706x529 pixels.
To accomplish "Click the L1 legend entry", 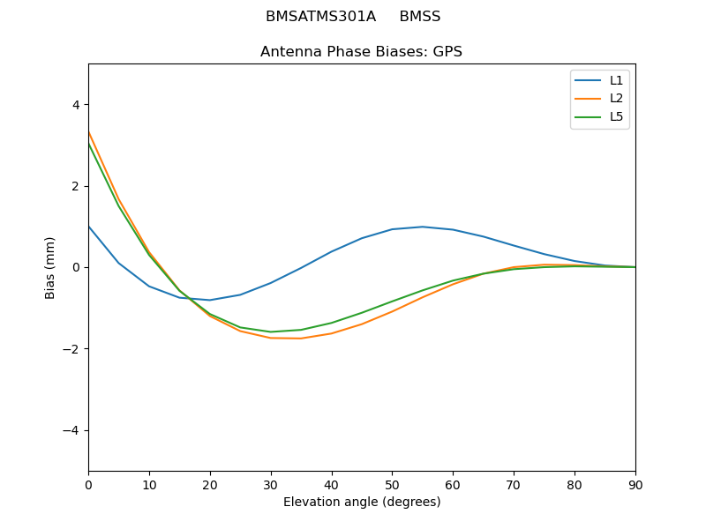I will tap(616, 80).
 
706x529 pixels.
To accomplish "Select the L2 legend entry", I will tap(616, 99).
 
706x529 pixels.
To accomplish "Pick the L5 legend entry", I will tap(616, 116).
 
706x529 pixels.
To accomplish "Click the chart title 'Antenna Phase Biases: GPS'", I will tap(361, 52).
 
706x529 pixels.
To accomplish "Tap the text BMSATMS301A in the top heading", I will tap(320, 17).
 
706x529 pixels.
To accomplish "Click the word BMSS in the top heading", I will tap(419, 17).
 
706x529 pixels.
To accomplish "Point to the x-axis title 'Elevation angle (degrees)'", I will tap(361, 502).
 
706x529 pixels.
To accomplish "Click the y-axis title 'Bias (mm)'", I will tap(51, 267).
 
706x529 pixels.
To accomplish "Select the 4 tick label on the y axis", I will tap(75, 105).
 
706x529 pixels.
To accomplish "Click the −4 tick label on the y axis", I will tap(71, 430).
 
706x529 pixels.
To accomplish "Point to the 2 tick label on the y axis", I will tap(75, 186).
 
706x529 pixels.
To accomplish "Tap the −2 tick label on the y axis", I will tap(71, 349).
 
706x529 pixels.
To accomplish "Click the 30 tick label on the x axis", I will tap(270, 484).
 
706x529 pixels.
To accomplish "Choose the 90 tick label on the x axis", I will tap(635, 484).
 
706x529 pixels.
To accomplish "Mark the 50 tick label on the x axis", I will tap(392, 484).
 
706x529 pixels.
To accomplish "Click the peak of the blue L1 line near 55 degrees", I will tap(423, 227).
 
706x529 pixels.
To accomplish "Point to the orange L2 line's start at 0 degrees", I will tap(89, 132).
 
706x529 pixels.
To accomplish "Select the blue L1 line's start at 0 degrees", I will tap(89, 227).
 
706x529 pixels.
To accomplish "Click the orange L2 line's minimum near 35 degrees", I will tap(301, 339).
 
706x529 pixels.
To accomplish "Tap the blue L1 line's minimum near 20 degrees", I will tap(209, 300).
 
